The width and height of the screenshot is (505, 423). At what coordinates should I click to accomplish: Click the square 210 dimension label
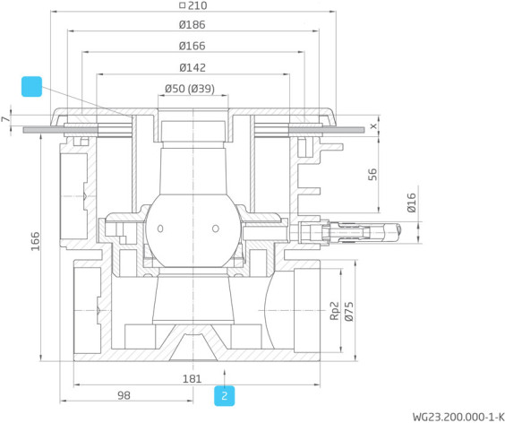[193, 5]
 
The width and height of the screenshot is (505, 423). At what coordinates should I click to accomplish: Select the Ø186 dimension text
[192, 25]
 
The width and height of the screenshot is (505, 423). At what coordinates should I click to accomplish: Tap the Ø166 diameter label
[192, 46]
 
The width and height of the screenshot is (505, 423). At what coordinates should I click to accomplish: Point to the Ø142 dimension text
[193, 68]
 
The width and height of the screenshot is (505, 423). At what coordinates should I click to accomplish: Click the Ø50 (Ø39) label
[190, 89]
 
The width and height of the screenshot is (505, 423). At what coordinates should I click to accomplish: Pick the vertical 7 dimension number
[5, 119]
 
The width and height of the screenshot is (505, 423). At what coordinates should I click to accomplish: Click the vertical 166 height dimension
[35, 241]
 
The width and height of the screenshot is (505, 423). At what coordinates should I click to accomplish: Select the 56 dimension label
[372, 175]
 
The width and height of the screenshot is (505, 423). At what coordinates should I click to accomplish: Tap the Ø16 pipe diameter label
[411, 203]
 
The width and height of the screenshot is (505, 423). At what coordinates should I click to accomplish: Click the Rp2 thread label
[335, 311]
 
